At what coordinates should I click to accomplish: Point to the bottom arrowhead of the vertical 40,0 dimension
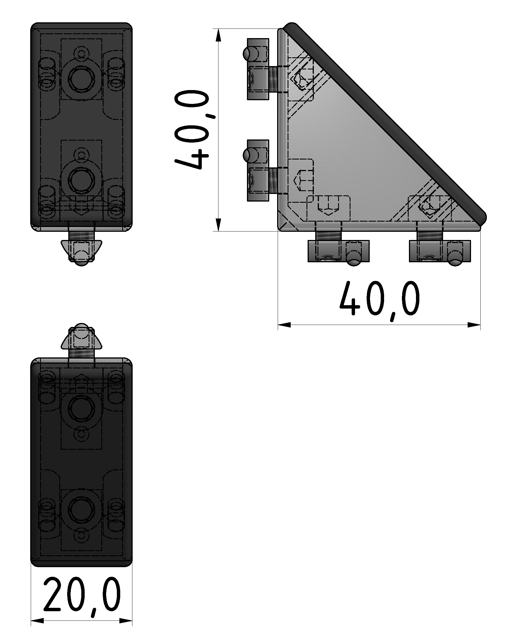(218, 224)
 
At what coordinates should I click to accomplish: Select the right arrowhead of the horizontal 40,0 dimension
(474, 325)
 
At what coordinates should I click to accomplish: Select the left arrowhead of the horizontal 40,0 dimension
(284, 325)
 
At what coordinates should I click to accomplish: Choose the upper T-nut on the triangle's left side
(258, 69)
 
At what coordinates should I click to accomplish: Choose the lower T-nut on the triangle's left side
(258, 171)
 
